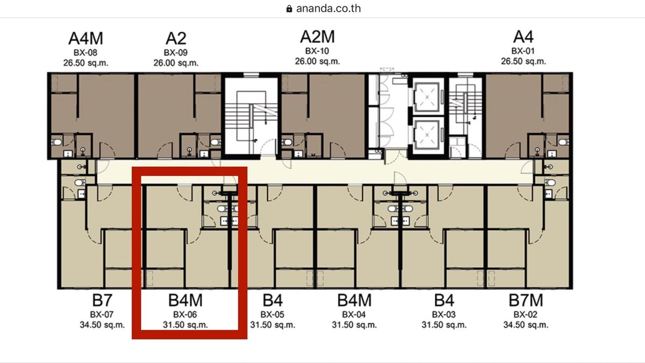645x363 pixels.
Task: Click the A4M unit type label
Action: [x=85, y=38]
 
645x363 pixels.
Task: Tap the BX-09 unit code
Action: [x=176, y=53]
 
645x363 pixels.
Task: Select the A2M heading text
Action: [x=317, y=37]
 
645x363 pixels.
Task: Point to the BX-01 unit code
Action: [x=523, y=51]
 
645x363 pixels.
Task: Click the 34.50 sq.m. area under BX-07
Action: [x=102, y=325]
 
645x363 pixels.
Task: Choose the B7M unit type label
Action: [x=526, y=300]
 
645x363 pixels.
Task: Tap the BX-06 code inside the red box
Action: [x=185, y=315]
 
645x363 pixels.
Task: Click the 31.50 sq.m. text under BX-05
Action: [x=273, y=325]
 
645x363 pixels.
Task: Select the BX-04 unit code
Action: [x=354, y=315]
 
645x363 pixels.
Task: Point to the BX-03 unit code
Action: [x=444, y=315]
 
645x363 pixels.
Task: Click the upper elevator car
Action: [x=427, y=97]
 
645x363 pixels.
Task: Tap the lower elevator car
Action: [x=427, y=135]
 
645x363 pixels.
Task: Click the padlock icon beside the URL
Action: [x=289, y=9]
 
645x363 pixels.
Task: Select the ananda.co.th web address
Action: [x=328, y=9]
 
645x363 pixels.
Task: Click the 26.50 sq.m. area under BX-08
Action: [x=86, y=63]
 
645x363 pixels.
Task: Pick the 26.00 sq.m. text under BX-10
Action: [x=317, y=61]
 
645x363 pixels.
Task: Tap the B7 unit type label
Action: [x=102, y=300]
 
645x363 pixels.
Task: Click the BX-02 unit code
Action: [x=526, y=315]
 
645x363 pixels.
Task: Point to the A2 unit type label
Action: [x=176, y=38]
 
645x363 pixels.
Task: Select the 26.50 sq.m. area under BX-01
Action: [x=524, y=61]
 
